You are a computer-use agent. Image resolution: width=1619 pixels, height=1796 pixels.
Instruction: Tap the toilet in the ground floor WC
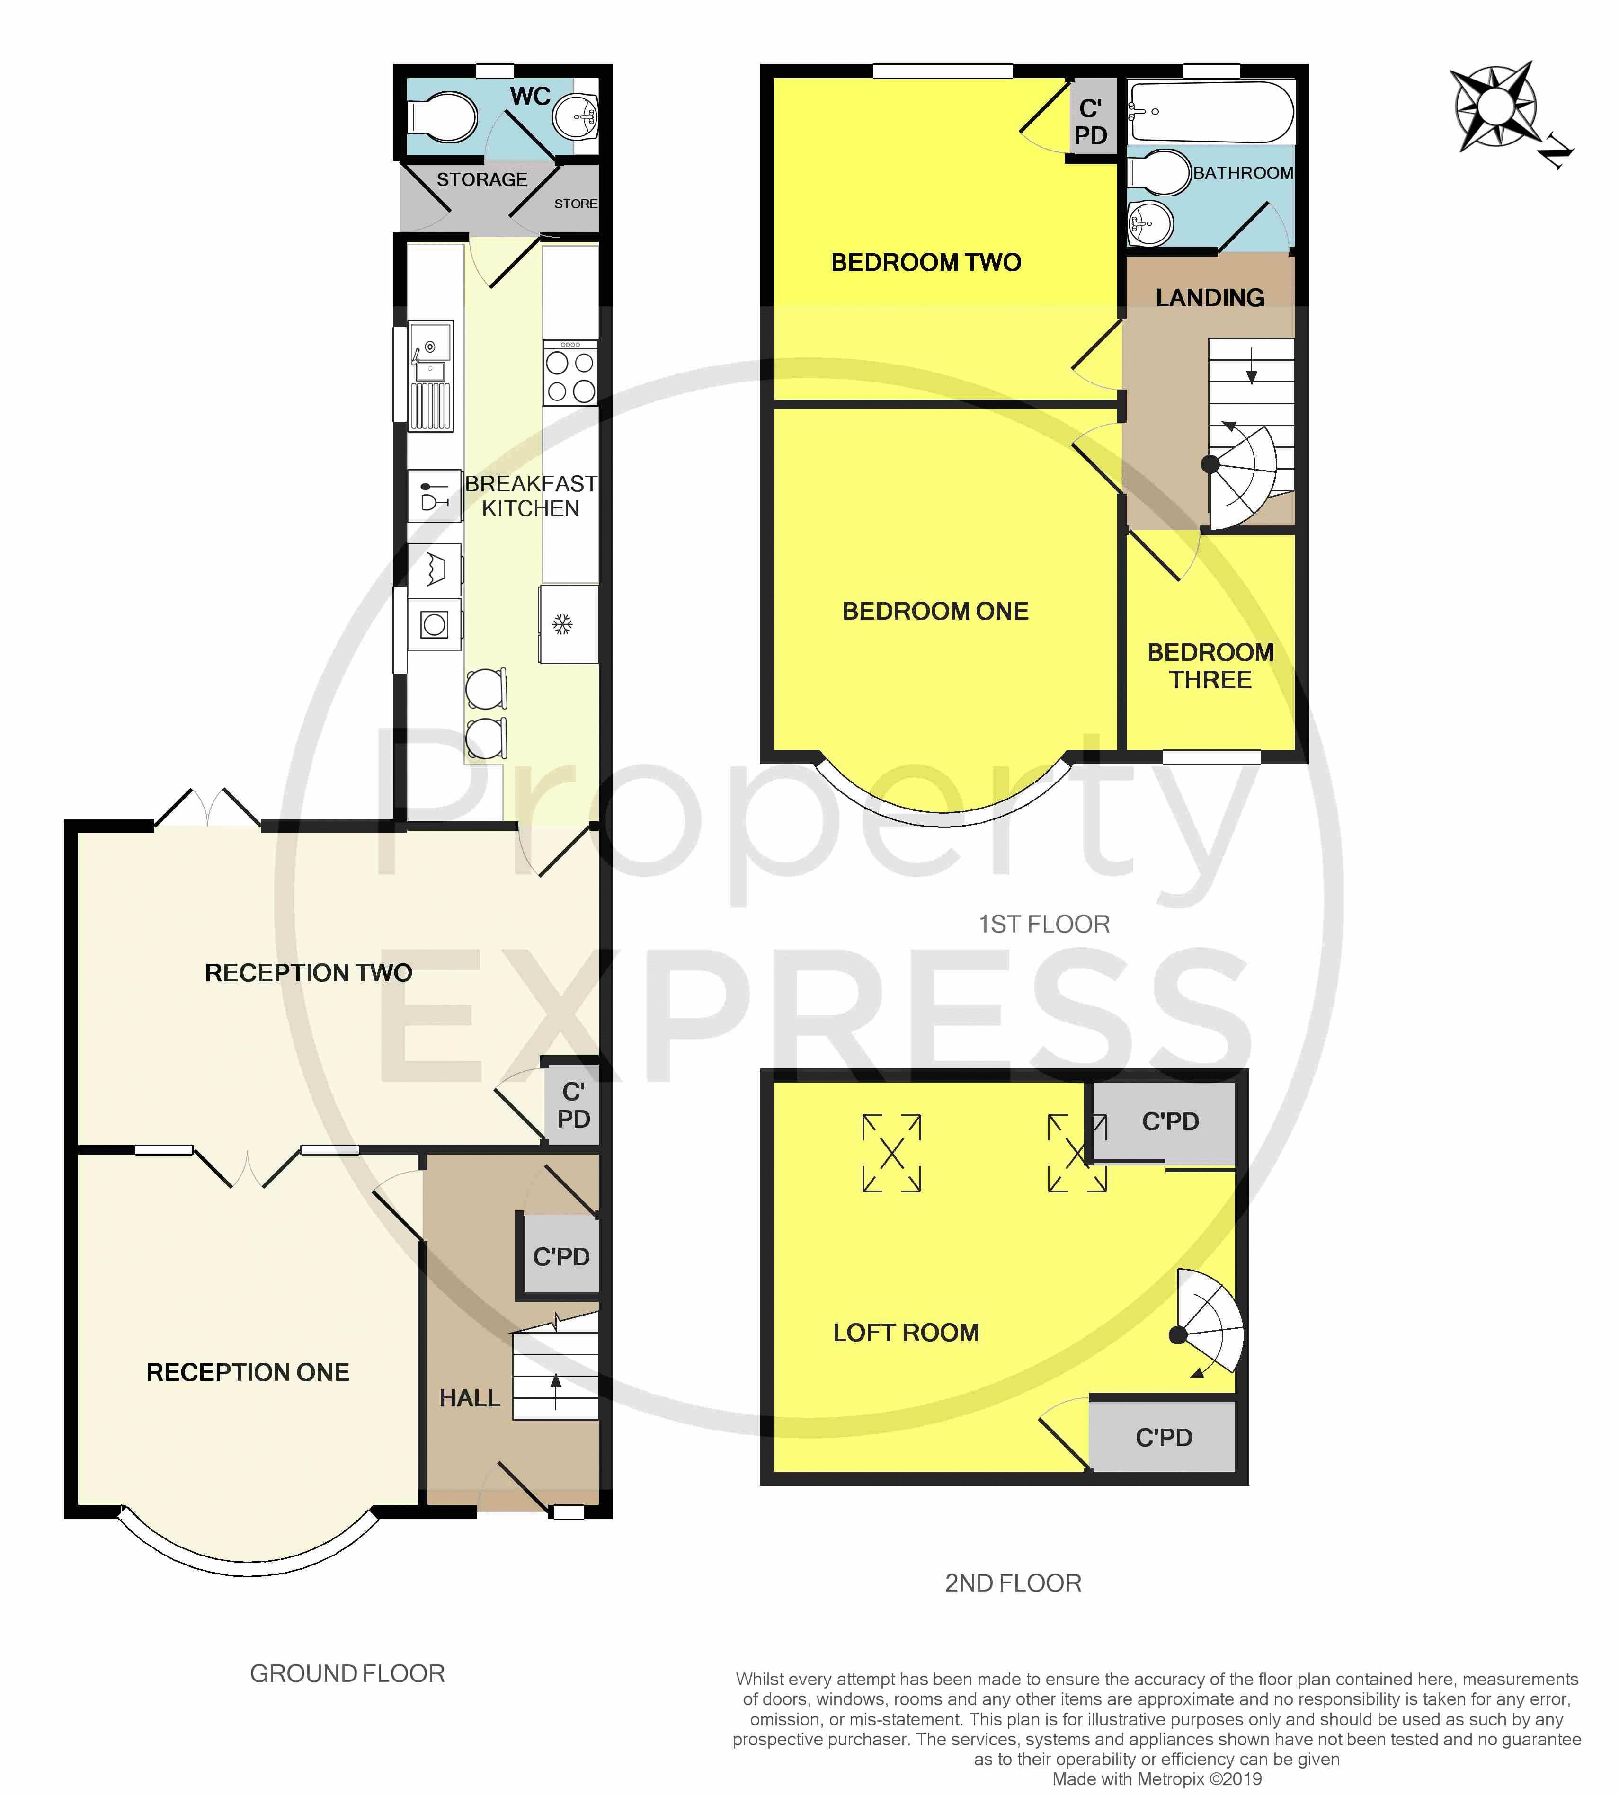(x=442, y=116)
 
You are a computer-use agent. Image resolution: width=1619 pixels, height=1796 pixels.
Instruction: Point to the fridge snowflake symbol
(x=562, y=624)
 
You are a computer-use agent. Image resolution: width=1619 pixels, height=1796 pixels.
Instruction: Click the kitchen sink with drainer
(x=430, y=375)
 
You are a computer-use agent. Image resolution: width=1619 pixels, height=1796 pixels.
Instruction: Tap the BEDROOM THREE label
(x=1210, y=666)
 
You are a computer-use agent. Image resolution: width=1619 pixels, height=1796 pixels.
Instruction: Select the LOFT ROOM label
(x=906, y=1332)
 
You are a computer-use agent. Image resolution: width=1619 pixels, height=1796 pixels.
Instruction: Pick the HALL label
(x=470, y=1397)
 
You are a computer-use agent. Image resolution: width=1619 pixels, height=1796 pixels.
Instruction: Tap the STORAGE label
(x=481, y=180)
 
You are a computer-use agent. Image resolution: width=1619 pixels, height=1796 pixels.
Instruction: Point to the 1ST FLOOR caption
(x=1044, y=924)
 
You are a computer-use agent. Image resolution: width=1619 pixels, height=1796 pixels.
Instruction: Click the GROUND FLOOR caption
(x=347, y=1673)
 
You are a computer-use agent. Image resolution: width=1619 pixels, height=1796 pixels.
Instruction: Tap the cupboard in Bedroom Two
(x=1092, y=121)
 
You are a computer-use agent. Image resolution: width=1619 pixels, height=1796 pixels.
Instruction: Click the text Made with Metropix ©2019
(x=1156, y=1778)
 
